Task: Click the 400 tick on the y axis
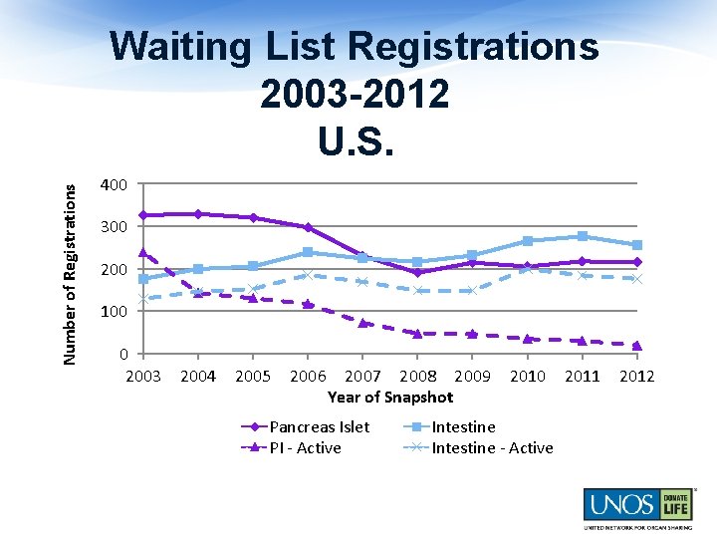click(x=114, y=185)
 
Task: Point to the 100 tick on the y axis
click(x=114, y=312)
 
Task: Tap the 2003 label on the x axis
click(x=143, y=376)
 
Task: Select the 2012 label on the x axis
click(x=636, y=376)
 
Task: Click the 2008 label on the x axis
click(x=417, y=376)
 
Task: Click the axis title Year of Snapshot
click(x=390, y=397)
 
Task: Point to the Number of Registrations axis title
click(x=70, y=264)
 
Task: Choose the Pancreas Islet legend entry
click(x=319, y=426)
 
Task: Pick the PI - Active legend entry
click(x=305, y=448)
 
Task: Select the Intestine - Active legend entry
click(x=492, y=448)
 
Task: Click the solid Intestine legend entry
click(x=463, y=426)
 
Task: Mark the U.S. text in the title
click(x=356, y=139)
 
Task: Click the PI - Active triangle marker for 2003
click(x=143, y=252)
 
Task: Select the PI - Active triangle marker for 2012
click(x=636, y=346)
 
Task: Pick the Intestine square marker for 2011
click(x=582, y=236)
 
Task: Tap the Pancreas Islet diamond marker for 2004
click(x=198, y=214)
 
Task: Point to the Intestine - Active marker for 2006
click(x=308, y=275)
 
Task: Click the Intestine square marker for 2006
click(x=308, y=252)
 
